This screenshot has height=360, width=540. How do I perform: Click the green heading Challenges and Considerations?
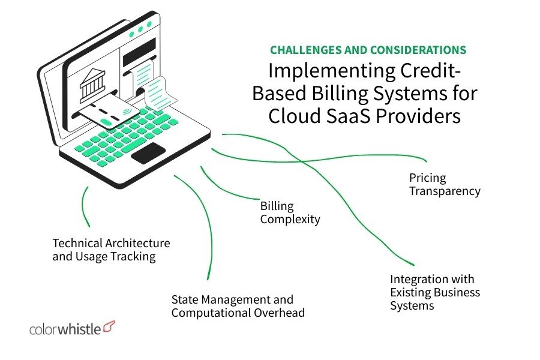coord(368,50)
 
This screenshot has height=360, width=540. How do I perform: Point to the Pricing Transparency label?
coord(445,185)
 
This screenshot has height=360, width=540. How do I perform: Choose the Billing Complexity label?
coord(290,213)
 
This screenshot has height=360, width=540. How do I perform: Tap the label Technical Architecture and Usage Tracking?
coord(111,250)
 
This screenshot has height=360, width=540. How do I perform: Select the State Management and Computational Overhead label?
coord(238,306)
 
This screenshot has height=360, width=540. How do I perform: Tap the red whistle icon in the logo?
coord(109,326)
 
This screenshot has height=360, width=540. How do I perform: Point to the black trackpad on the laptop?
coord(148,154)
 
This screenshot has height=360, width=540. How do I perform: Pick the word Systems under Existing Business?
coord(412,305)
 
